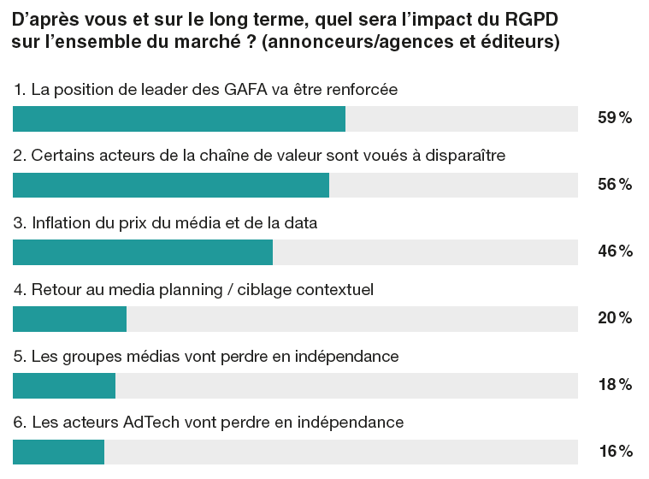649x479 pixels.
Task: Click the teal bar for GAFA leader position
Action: pyautogui.click(x=179, y=119)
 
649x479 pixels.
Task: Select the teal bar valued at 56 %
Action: pyautogui.click(x=171, y=185)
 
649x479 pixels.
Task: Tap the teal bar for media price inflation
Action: pyautogui.click(x=143, y=251)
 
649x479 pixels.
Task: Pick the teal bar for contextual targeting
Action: pyautogui.click(x=70, y=318)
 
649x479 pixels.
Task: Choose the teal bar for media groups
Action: pyautogui.click(x=64, y=385)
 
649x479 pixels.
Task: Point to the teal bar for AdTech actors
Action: pyautogui.click(x=58, y=452)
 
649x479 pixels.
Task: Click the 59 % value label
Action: pyautogui.click(x=614, y=119)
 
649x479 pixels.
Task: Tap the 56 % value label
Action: pyautogui.click(x=614, y=185)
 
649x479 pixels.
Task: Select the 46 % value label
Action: pyautogui.click(x=614, y=251)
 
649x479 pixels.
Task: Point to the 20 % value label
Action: pyautogui.click(x=614, y=318)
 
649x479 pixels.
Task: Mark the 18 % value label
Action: pyautogui.click(x=614, y=385)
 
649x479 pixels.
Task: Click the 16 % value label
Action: pyautogui.click(x=614, y=452)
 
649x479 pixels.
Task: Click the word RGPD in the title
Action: pyautogui.click(x=528, y=18)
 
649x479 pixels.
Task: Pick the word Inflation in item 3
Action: pyautogui.click(x=62, y=222)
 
